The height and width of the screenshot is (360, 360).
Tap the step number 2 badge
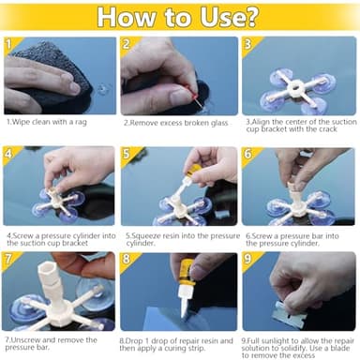pos(127,44)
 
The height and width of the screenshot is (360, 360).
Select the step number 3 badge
pos(247,44)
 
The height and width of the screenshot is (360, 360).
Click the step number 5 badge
pos(127,153)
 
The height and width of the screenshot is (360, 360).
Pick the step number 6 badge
pos(247,153)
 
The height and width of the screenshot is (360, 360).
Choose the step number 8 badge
pos(127,260)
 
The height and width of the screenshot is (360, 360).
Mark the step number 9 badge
pos(247,260)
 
